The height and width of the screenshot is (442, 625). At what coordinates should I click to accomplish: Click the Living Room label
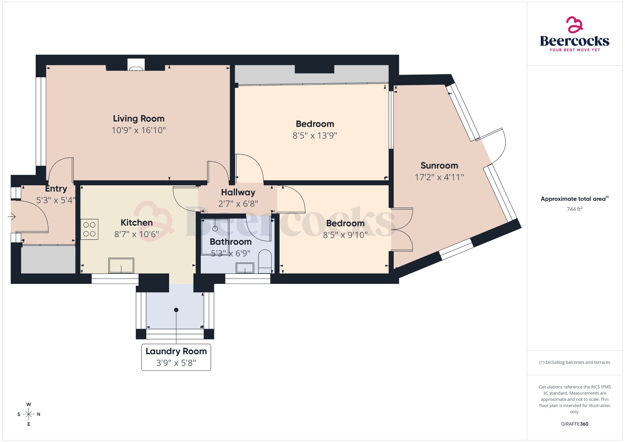pos(139,118)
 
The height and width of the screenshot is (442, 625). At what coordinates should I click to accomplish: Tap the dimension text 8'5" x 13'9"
pos(315,136)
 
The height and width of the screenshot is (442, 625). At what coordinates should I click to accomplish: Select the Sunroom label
pos(439,165)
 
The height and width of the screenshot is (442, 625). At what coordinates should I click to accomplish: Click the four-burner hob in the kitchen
pos(89,229)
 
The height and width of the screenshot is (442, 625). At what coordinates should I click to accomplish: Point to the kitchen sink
pos(121,265)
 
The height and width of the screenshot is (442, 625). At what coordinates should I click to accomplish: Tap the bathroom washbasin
pos(245,268)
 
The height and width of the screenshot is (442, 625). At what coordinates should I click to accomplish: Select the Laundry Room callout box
pos(176,357)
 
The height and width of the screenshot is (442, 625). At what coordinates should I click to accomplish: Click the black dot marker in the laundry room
pos(176,310)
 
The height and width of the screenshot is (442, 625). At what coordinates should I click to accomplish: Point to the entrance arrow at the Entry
pos(12,217)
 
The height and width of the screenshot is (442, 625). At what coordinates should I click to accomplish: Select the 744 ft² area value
pos(574,209)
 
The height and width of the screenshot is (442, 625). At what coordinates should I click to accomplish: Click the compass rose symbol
pos(29,414)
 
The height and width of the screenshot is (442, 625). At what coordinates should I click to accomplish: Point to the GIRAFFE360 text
pos(574,424)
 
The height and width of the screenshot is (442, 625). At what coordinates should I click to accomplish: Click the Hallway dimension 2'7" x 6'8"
pos(238,204)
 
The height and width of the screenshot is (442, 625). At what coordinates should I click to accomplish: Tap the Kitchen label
pos(136,223)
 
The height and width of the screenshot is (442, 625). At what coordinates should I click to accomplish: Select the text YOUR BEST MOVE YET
pos(574,50)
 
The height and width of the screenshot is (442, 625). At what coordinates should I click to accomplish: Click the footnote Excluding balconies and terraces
pos(574,362)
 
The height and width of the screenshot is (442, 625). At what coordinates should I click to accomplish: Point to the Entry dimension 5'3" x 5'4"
pos(56,200)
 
